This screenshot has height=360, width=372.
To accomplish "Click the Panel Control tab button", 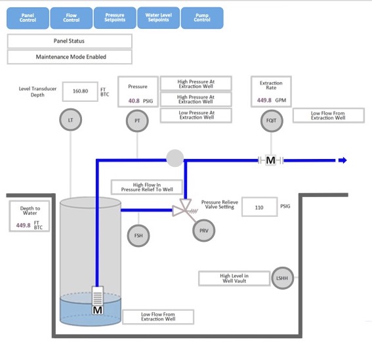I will (28, 18).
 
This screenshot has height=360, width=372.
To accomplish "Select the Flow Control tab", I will (72, 18).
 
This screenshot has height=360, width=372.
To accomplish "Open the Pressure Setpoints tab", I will (115, 18).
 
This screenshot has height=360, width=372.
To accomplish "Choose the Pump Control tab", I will (202, 18).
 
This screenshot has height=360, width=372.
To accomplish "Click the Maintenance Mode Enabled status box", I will (70, 57).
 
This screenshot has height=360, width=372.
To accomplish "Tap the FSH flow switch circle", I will (137, 236).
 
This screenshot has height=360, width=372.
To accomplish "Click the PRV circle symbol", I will (203, 231).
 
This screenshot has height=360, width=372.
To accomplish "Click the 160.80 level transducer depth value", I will (80, 91).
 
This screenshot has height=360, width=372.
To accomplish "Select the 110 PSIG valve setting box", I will (259, 207).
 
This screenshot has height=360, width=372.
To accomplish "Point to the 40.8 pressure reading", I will (134, 101).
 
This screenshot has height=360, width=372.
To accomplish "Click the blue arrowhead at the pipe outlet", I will (342, 160).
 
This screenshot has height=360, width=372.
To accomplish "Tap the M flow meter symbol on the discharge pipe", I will (270, 160).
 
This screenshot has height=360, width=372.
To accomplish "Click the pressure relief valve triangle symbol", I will (180, 211).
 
